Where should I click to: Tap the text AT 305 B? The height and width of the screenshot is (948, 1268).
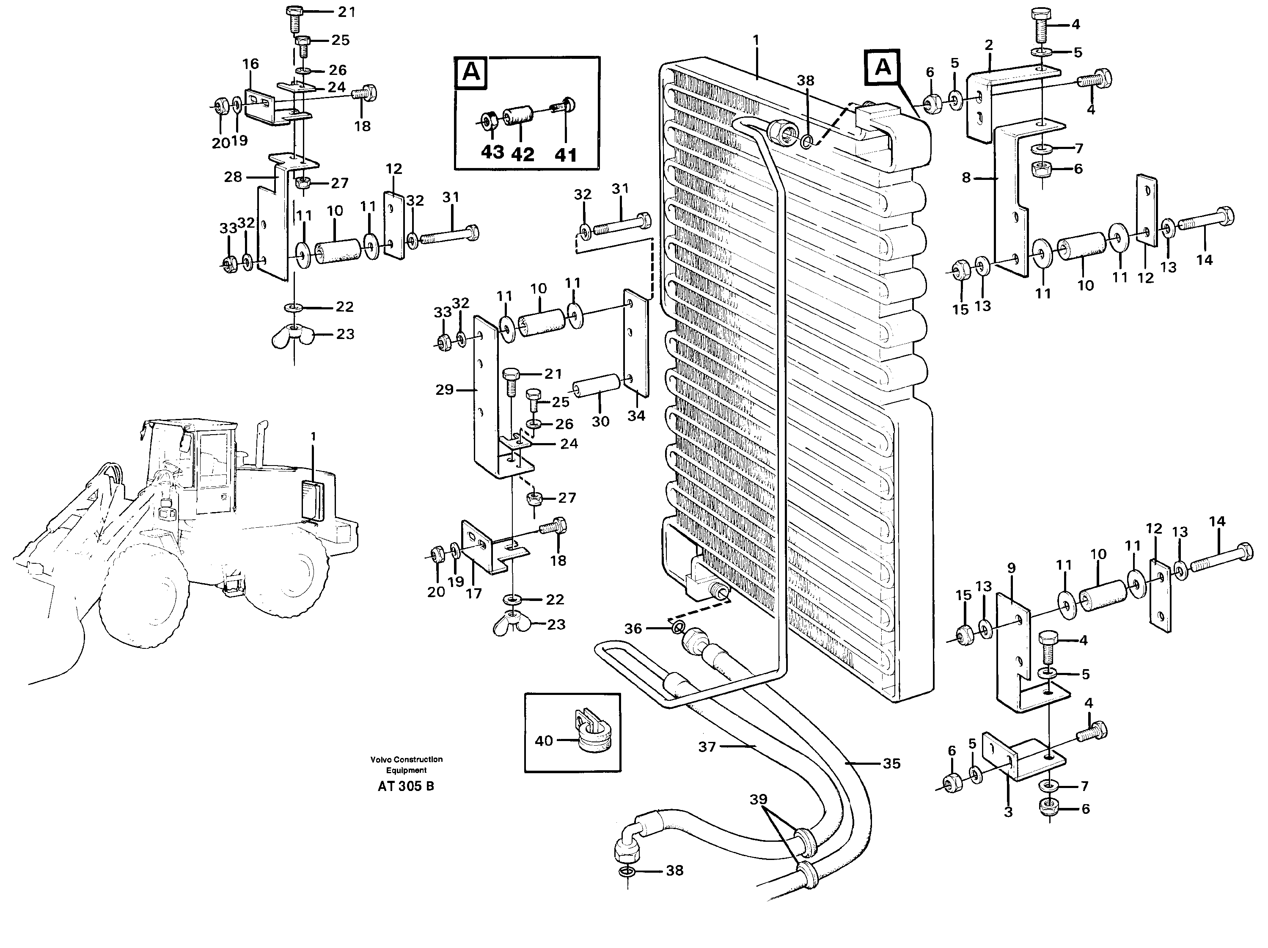pyautogui.click(x=406, y=786)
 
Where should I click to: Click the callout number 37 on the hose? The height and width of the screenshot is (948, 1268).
pyautogui.click(x=707, y=747)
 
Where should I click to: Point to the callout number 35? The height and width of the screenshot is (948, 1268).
pyautogui.click(x=891, y=763)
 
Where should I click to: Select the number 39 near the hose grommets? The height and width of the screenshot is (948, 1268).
pyautogui.click(x=759, y=799)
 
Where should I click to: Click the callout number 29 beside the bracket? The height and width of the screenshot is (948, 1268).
pyautogui.click(x=444, y=390)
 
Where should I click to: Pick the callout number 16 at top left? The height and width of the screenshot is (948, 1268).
pyautogui.click(x=250, y=63)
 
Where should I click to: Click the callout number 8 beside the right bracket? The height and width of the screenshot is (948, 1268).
pyautogui.click(x=966, y=178)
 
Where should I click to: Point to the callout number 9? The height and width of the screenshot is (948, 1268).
pyautogui.click(x=1011, y=568)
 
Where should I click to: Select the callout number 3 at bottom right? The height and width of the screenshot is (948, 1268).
pyautogui.click(x=1008, y=811)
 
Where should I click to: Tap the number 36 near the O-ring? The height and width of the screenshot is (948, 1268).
pyautogui.click(x=633, y=628)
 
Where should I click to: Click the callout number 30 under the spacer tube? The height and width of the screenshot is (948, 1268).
pyautogui.click(x=600, y=422)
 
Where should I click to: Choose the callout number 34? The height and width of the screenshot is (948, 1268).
pyautogui.click(x=636, y=416)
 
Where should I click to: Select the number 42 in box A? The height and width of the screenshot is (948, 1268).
pyautogui.click(x=522, y=154)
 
